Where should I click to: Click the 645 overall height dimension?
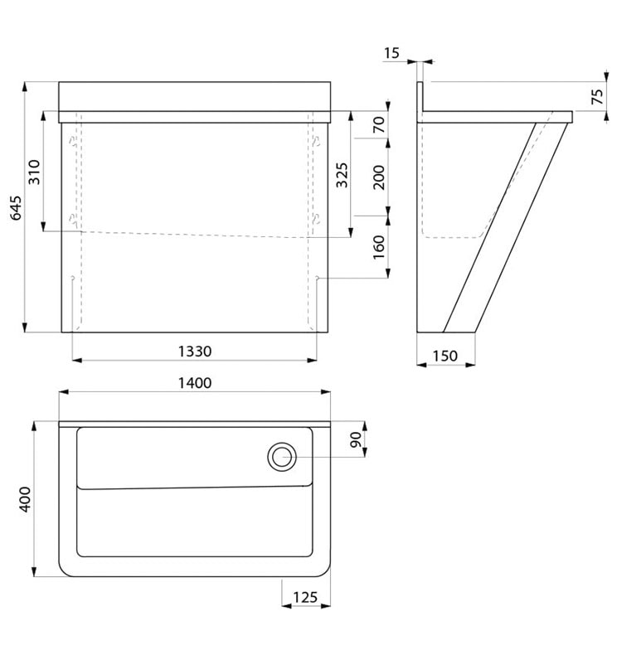click(16, 207)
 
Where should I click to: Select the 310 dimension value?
click(34, 172)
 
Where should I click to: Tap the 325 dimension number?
click(342, 175)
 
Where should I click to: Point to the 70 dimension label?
click(379, 124)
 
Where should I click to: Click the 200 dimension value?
click(379, 177)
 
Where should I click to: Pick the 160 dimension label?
click(379, 247)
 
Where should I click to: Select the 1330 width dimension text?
click(194, 352)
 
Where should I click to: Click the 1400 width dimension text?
click(194, 383)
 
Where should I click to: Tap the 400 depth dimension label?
click(25, 499)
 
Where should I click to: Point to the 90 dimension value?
click(356, 439)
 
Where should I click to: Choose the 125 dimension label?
click(305, 597)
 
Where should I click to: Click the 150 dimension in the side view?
click(445, 356)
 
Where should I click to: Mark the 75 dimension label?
click(597, 96)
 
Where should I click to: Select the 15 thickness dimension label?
click(391, 53)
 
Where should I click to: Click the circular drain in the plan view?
click(282, 457)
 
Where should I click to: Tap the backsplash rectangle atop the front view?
click(194, 96)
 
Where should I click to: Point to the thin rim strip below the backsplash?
click(194, 117)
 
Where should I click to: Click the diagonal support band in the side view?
click(506, 227)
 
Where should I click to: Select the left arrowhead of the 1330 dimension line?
click(76, 361)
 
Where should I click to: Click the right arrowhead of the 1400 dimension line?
click(326, 391)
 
